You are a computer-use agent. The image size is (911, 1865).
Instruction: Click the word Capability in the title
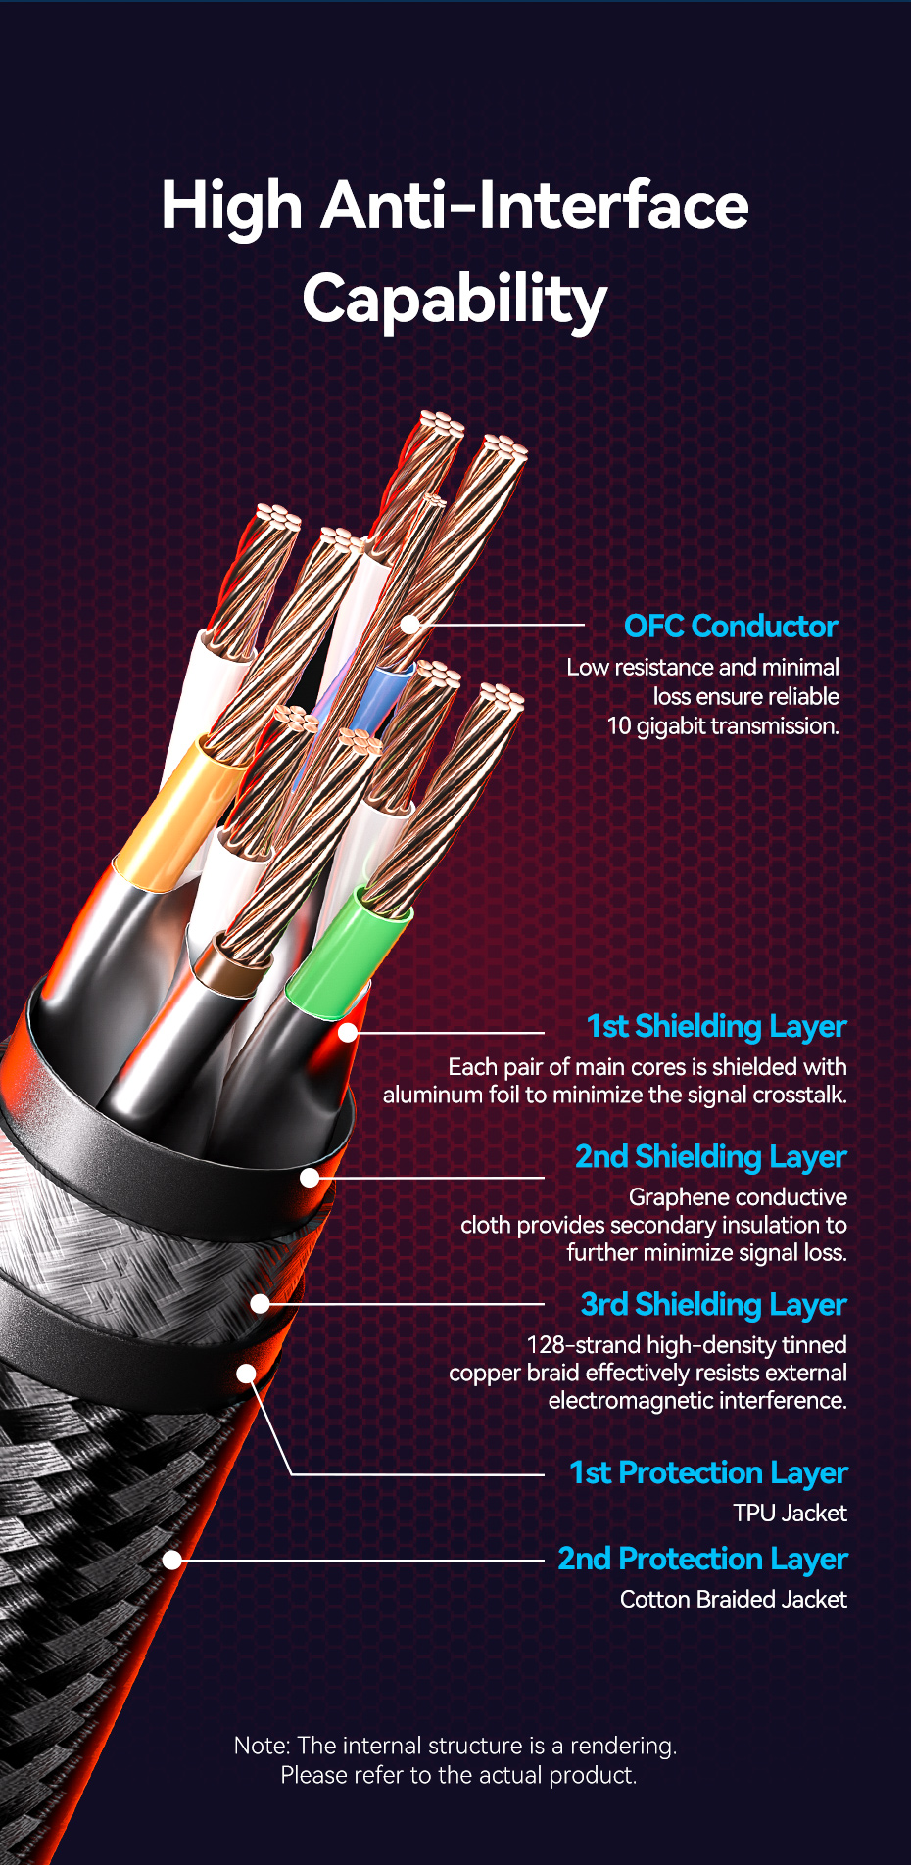(x=455, y=300)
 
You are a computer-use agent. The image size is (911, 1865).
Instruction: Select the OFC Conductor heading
(x=731, y=627)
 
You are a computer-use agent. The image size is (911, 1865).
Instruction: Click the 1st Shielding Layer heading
(x=716, y=1026)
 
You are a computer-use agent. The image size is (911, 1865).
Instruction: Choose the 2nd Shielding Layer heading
(x=710, y=1156)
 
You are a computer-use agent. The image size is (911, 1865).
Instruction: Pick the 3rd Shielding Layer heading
(x=713, y=1304)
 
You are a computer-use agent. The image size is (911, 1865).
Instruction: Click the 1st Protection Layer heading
(x=708, y=1472)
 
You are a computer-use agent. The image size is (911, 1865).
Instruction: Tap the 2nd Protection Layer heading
(x=702, y=1559)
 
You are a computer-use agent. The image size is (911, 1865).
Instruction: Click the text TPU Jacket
(x=790, y=1513)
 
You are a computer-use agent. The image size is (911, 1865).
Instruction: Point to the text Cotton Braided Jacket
(x=734, y=1599)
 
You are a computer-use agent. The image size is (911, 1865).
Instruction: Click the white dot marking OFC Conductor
(x=409, y=624)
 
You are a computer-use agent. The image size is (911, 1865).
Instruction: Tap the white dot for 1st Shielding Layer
(x=348, y=1032)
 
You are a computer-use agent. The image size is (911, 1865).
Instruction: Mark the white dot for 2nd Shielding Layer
(x=310, y=1178)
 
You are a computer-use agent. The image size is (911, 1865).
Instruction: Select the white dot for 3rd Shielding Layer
(x=260, y=1304)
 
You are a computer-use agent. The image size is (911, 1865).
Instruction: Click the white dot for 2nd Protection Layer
(x=172, y=1560)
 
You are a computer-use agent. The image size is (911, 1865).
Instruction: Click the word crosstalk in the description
(x=798, y=1095)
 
